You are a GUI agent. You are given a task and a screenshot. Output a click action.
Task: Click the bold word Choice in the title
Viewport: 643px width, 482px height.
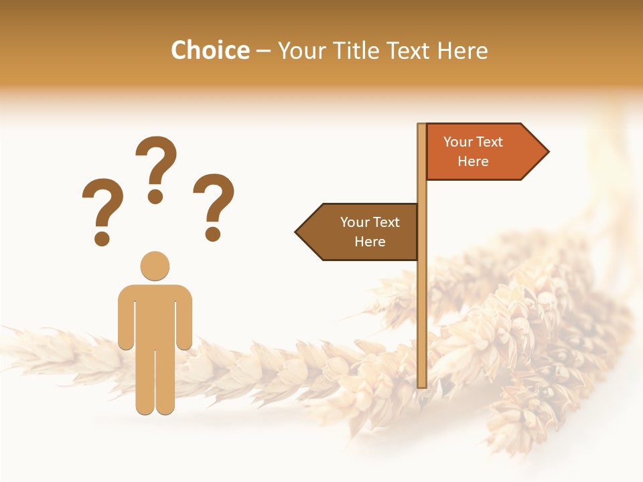[x=210, y=51]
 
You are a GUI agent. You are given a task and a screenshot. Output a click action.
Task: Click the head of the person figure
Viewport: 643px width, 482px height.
[x=155, y=266]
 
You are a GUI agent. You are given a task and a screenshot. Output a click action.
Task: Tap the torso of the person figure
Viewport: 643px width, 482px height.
[x=155, y=315]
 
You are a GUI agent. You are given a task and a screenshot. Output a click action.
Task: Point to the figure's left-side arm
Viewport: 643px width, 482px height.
[x=125, y=318]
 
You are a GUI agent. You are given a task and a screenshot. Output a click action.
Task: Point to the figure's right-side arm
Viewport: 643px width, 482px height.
[x=184, y=318]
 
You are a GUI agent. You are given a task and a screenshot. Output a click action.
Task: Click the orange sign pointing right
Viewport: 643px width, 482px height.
[x=479, y=152]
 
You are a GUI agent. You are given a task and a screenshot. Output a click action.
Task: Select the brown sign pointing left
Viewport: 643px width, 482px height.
[x=362, y=232]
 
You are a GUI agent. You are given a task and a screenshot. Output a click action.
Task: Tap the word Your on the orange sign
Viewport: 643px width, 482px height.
[x=458, y=142]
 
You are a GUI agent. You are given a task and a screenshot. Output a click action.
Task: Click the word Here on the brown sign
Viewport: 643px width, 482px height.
[x=370, y=242]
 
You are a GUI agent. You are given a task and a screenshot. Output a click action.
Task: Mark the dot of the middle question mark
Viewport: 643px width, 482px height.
[x=155, y=196]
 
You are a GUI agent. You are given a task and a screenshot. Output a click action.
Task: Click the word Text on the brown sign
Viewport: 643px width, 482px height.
[x=385, y=222]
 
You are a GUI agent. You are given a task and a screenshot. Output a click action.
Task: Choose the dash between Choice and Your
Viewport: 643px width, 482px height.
[x=263, y=51]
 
